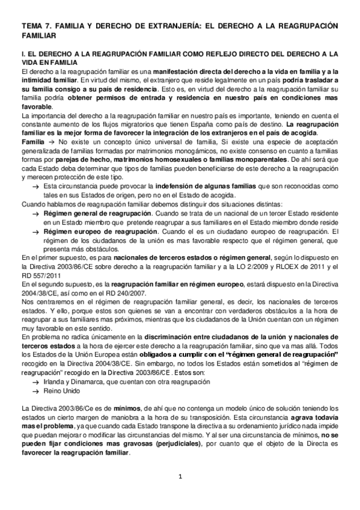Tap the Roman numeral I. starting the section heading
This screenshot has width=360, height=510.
[23, 54]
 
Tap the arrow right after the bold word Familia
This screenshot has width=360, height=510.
[50, 140]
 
